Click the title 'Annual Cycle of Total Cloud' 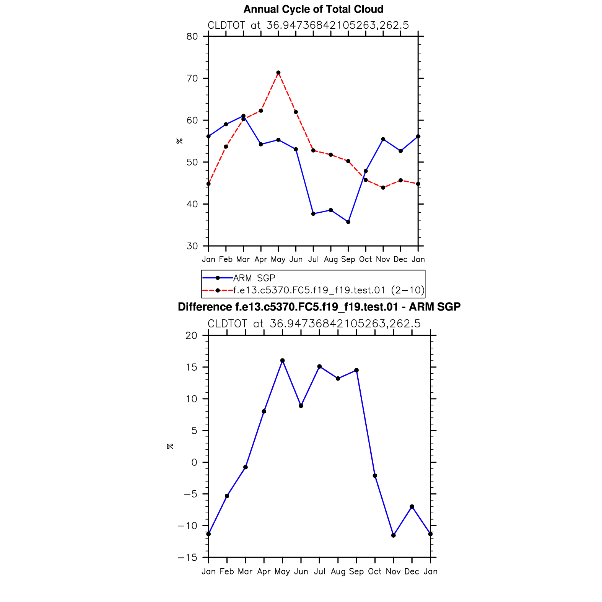(313, 9)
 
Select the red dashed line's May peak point (278, 73)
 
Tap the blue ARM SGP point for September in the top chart (348, 222)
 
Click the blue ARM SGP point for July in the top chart (313, 214)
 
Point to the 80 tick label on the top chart (192, 36)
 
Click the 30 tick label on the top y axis (192, 246)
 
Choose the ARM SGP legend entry (254, 278)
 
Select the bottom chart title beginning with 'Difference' (319, 307)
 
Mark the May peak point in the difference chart (283, 361)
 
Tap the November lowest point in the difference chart (394, 535)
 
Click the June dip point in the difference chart (301, 406)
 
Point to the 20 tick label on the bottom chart (191, 335)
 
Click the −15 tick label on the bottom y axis (188, 557)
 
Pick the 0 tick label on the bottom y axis (195, 462)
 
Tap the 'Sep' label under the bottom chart (356, 571)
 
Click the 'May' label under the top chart (278, 259)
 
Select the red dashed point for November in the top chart (383, 188)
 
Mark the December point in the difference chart (412, 507)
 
